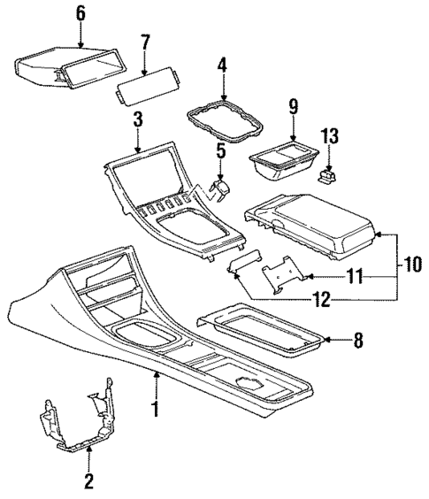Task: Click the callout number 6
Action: tap(80, 12)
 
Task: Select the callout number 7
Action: tap(145, 42)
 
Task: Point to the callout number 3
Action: tap(138, 118)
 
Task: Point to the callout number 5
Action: tap(221, 152)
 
